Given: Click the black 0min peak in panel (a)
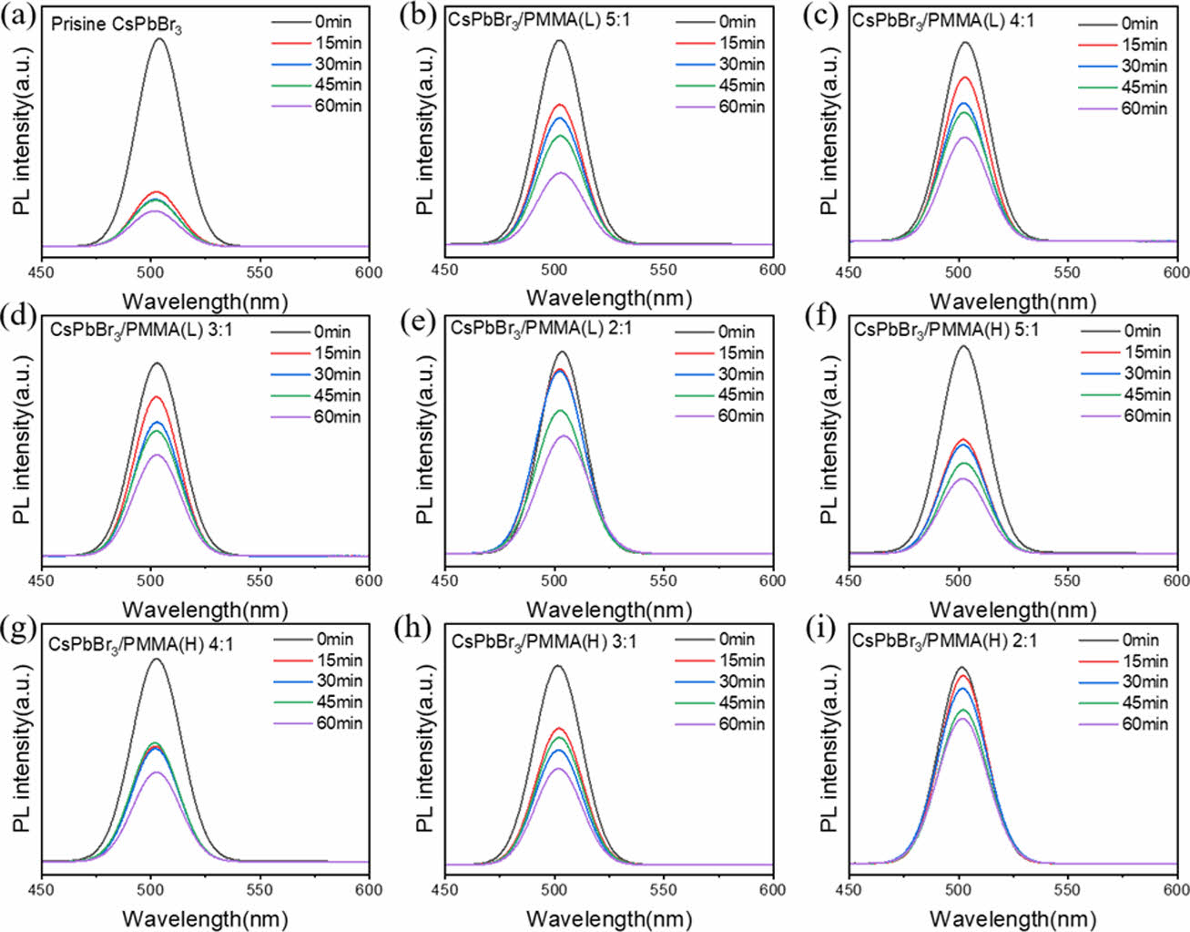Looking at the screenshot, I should [x=160, y=39].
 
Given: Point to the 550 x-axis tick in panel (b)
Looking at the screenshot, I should [x=664, y=270].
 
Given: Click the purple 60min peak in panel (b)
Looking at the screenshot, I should [x=560, y=173].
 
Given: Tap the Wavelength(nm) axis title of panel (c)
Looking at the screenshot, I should [x=1012, y=301].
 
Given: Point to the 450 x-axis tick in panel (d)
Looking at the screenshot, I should [x=42, y=579].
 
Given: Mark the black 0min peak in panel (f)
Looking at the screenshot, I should [x=962, y=345].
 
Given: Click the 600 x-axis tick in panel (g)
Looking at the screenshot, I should [x=369, y=888].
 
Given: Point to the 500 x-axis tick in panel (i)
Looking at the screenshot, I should [x=959, y=889].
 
